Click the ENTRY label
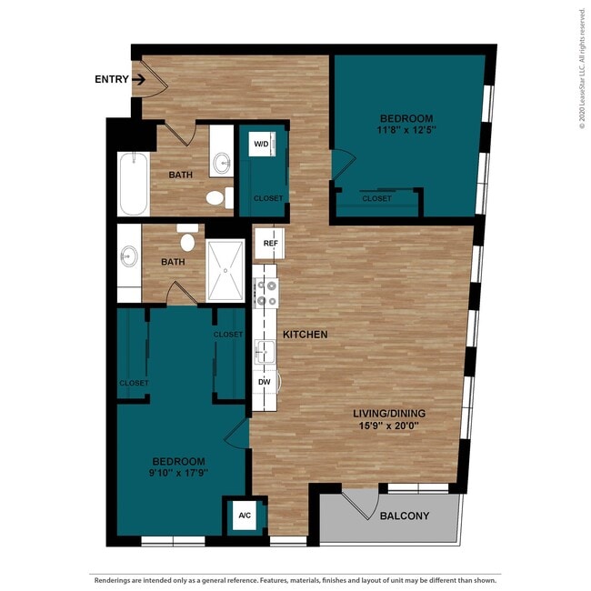(111, 79)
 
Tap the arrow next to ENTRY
(138, 79)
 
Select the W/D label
(261, 144)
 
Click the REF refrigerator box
(270, 243)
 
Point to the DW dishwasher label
(265, 382)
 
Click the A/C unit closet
(245, 516)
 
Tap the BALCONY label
(405, 516)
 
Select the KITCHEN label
(305, 335)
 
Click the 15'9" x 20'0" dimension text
(389, 426)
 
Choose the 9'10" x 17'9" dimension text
(178, 474)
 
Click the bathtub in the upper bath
(133, 183)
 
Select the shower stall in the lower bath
(225, 271)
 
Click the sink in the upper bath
(221, 165)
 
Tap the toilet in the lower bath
(188, 241)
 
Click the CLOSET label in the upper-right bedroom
(377, 198)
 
